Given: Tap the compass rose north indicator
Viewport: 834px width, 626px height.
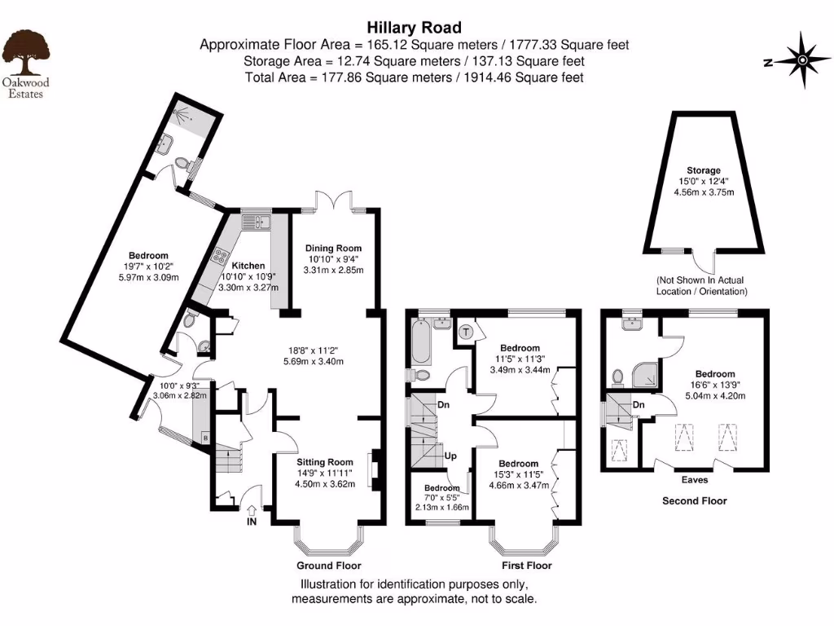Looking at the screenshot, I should (x=801, y=60).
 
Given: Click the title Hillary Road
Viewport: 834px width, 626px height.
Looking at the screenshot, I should (x=414, y=29).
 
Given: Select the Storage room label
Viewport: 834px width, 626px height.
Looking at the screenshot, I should (x=703, y=170).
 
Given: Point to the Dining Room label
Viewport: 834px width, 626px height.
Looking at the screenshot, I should (x=332, y=249).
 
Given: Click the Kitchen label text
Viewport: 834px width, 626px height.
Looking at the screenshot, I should (x=248, y=267).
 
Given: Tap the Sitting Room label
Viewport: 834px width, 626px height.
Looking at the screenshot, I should (x=330, y=461).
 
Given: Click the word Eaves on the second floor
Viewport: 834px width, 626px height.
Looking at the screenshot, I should (x=694, y=480).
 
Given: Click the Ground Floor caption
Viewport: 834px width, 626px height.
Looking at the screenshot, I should (x=329, y=566).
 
